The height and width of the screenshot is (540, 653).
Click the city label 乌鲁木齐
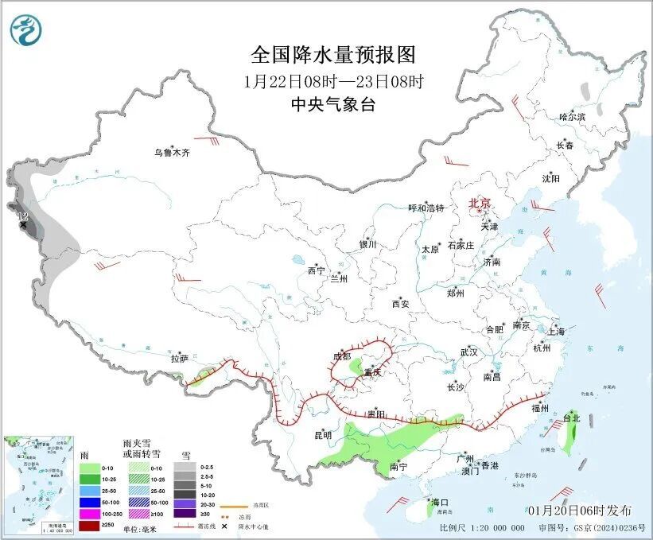[173, 153]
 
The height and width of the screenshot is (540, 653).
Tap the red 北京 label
[480, 203]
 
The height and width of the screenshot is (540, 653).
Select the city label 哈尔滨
[571, 117]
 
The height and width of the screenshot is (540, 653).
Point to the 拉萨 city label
[179, 359]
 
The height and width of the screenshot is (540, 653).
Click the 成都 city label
[342, 357]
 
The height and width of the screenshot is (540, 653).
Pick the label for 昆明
[322, 435]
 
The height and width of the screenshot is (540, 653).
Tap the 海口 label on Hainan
[440, 503]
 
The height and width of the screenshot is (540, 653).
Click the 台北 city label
[572, 418]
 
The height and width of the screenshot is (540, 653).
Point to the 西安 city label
[400, 304]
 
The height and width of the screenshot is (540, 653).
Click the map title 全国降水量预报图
[332, 54]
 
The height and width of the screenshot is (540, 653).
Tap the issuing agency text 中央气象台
[332, 104]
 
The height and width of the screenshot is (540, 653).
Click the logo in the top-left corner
[25, 30]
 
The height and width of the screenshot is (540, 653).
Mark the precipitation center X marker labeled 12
[23, 225]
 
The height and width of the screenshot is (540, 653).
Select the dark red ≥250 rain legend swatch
[88, 526]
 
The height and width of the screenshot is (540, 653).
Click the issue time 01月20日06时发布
[578, 510]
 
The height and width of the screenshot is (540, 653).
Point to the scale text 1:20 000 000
[497, 527]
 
